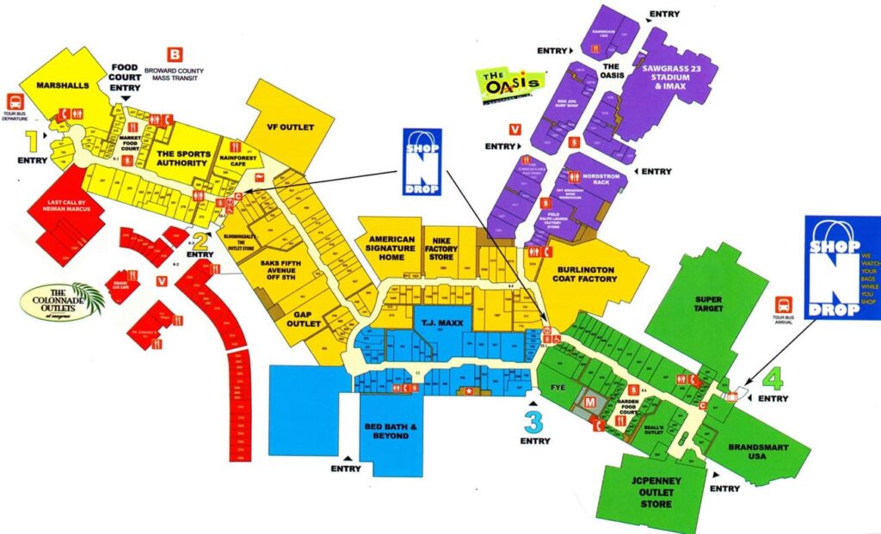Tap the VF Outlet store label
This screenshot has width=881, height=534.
pos(290,127)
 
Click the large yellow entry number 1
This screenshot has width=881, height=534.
pos(32,139)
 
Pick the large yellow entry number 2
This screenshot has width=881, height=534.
pos(200,240)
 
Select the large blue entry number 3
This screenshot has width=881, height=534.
pos(534,422)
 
